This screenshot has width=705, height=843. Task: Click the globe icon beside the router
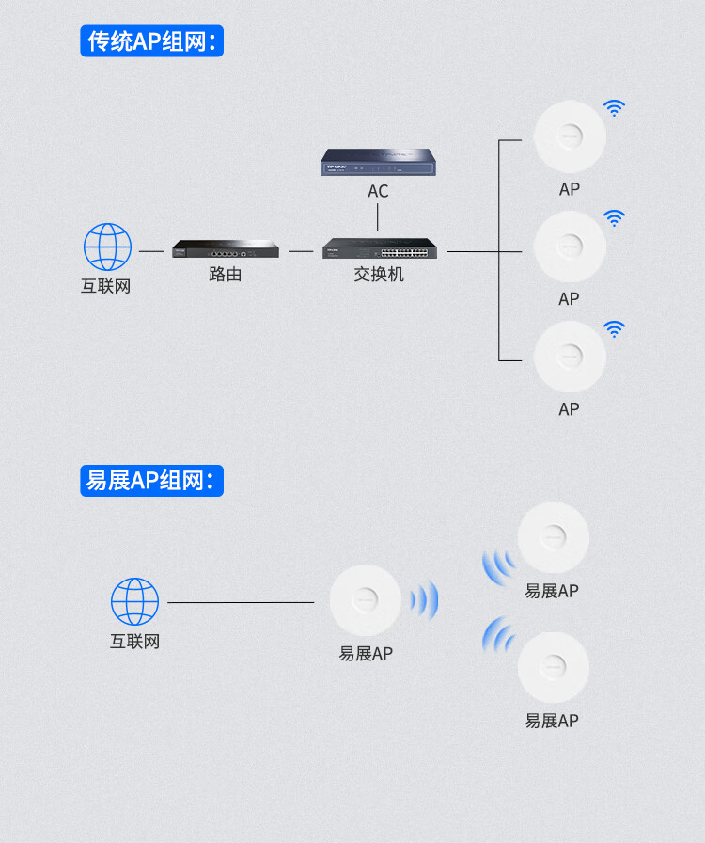click(x=107, y=247)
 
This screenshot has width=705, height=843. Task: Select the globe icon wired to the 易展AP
click(x=134, y=601)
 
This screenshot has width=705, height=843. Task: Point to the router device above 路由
click(x=226, y=249)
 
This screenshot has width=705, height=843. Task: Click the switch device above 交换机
click(x=378, y=249)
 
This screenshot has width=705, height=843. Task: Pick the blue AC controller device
click(x=378, y=162)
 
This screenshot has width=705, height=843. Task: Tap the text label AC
click(x=378, y=192)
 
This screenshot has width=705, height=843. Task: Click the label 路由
click(x=226, y=275)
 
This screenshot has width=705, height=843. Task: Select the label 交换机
click(x=379, y=275)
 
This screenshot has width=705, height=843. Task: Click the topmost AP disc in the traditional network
click(x=570, y=136)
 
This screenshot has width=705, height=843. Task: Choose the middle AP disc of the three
click(x=570, y=247)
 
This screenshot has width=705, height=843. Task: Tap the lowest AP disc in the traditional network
click(x=570, y=357)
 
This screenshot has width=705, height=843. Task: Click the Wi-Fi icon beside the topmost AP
click(x=614, y=108)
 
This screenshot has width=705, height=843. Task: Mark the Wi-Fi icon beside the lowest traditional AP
click(x=614, y=328)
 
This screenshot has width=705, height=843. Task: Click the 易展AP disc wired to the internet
click(x=365, y=600)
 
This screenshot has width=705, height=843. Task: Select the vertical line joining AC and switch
click(x=378, y=217)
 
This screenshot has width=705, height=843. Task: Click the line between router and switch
click(x=301, y=251)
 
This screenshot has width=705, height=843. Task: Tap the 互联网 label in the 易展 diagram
click(x=134, y=642)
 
